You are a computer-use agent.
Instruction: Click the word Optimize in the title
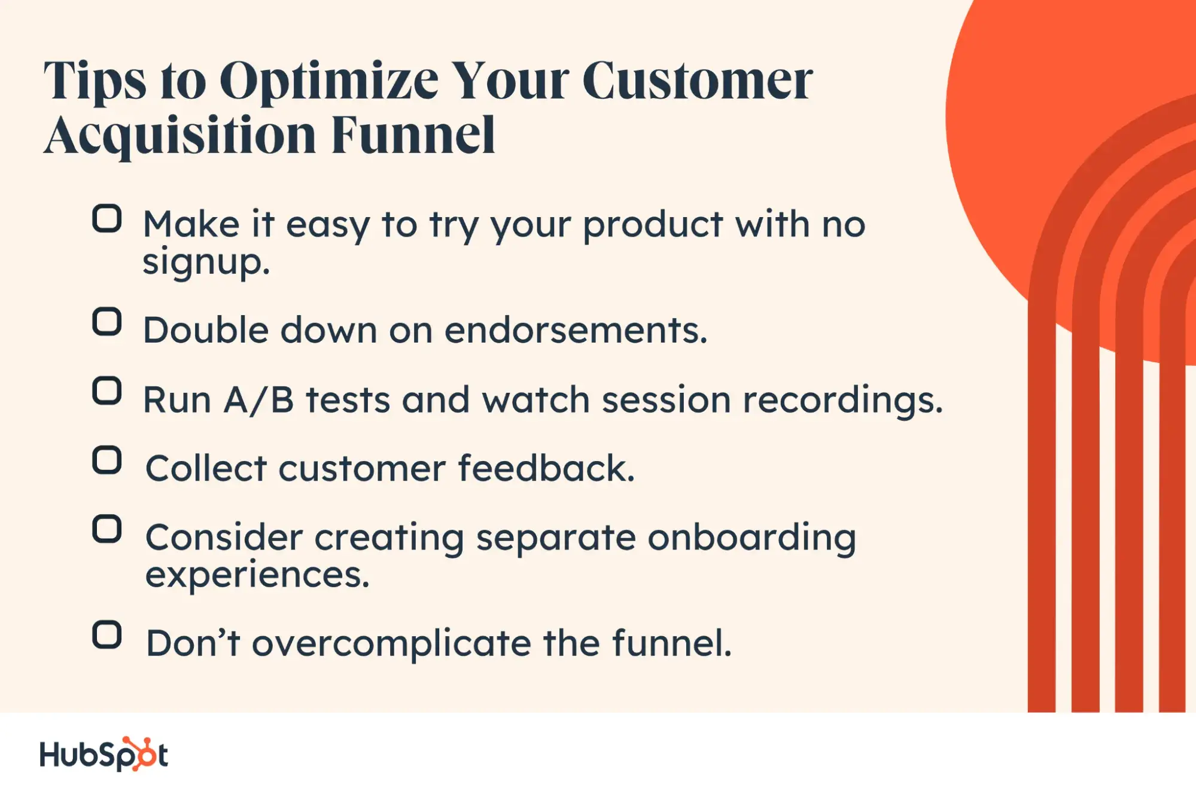[329, 83]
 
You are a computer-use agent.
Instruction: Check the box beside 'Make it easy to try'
[107, 218]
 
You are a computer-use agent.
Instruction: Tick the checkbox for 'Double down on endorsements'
[107, 322]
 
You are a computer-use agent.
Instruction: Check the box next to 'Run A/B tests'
[107, 391]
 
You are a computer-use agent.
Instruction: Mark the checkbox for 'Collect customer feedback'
[107, 460]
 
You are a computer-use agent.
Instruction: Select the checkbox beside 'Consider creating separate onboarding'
[107, 529]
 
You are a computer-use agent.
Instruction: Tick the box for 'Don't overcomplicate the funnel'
[107, 635]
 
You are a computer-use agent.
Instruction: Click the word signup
[206, 262]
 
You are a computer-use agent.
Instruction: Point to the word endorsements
[576, 330]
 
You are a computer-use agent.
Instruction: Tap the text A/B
[259, 399]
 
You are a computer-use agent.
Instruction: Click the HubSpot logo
[104, 755]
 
